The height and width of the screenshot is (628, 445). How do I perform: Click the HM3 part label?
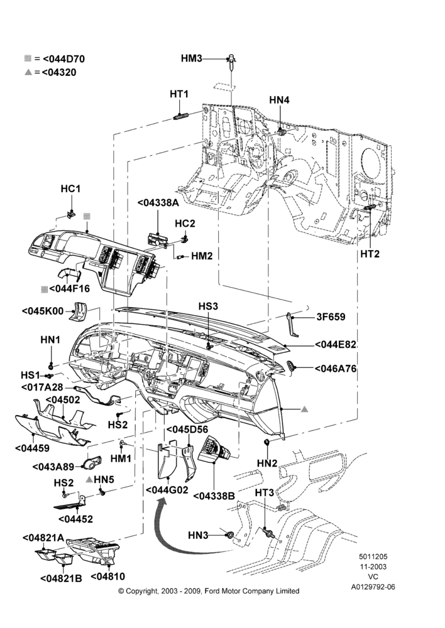(x=191, y=58)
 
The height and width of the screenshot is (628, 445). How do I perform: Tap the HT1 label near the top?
(x=179, y=94)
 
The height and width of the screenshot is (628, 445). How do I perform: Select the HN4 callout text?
(x=279, y=100)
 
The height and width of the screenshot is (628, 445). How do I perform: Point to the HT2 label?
(x=370, y=254)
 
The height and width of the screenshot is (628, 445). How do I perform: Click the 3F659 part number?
(x=331, y=317)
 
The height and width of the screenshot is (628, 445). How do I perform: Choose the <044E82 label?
(x=336, y=345)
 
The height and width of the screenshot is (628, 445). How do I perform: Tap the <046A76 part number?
(x=336, y=369)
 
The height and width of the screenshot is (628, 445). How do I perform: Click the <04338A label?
(x=158, y=203)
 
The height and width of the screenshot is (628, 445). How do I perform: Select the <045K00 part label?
(x=43, y=311)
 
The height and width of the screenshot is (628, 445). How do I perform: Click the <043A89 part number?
(x=53, y=467)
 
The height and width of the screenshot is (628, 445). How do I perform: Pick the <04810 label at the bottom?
(x=108, y=577)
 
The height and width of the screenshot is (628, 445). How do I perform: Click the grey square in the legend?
(x=28, y=58)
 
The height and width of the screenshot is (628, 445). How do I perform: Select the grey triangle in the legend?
(x=28, y=72)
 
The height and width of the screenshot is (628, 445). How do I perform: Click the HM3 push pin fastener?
(x=232, y=62)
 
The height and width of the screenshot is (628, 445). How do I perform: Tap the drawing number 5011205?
(x=373, y=556)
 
